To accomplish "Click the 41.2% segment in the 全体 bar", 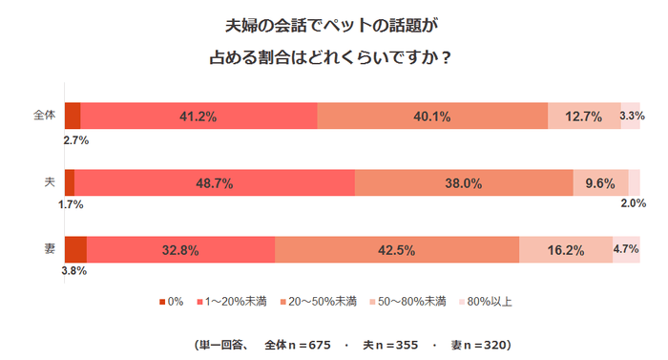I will tap(198, 116).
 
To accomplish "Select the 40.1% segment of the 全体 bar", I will tap(432, 116).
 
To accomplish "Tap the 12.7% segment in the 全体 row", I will tap(583, 116).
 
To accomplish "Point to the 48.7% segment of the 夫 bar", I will tap(214, 182).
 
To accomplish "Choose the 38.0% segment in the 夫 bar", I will tap(464, 182).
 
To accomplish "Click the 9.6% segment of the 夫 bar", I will tap(599, 182).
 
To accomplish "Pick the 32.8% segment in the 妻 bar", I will tap(180, 249).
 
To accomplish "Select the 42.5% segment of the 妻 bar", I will tap(397, 249).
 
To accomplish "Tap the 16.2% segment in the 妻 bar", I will tap(566, 249).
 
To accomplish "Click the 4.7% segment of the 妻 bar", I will tap(626, 249).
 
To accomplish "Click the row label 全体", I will tap(45, 116).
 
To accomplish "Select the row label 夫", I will tap(50, 182).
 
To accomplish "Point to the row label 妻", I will tap(50, 249).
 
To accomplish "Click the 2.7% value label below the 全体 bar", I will tap(76, 140).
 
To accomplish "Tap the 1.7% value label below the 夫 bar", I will tap(71, 204).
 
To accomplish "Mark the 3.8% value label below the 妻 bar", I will tap(74, 271).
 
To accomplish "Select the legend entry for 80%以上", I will tap(489, 302).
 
